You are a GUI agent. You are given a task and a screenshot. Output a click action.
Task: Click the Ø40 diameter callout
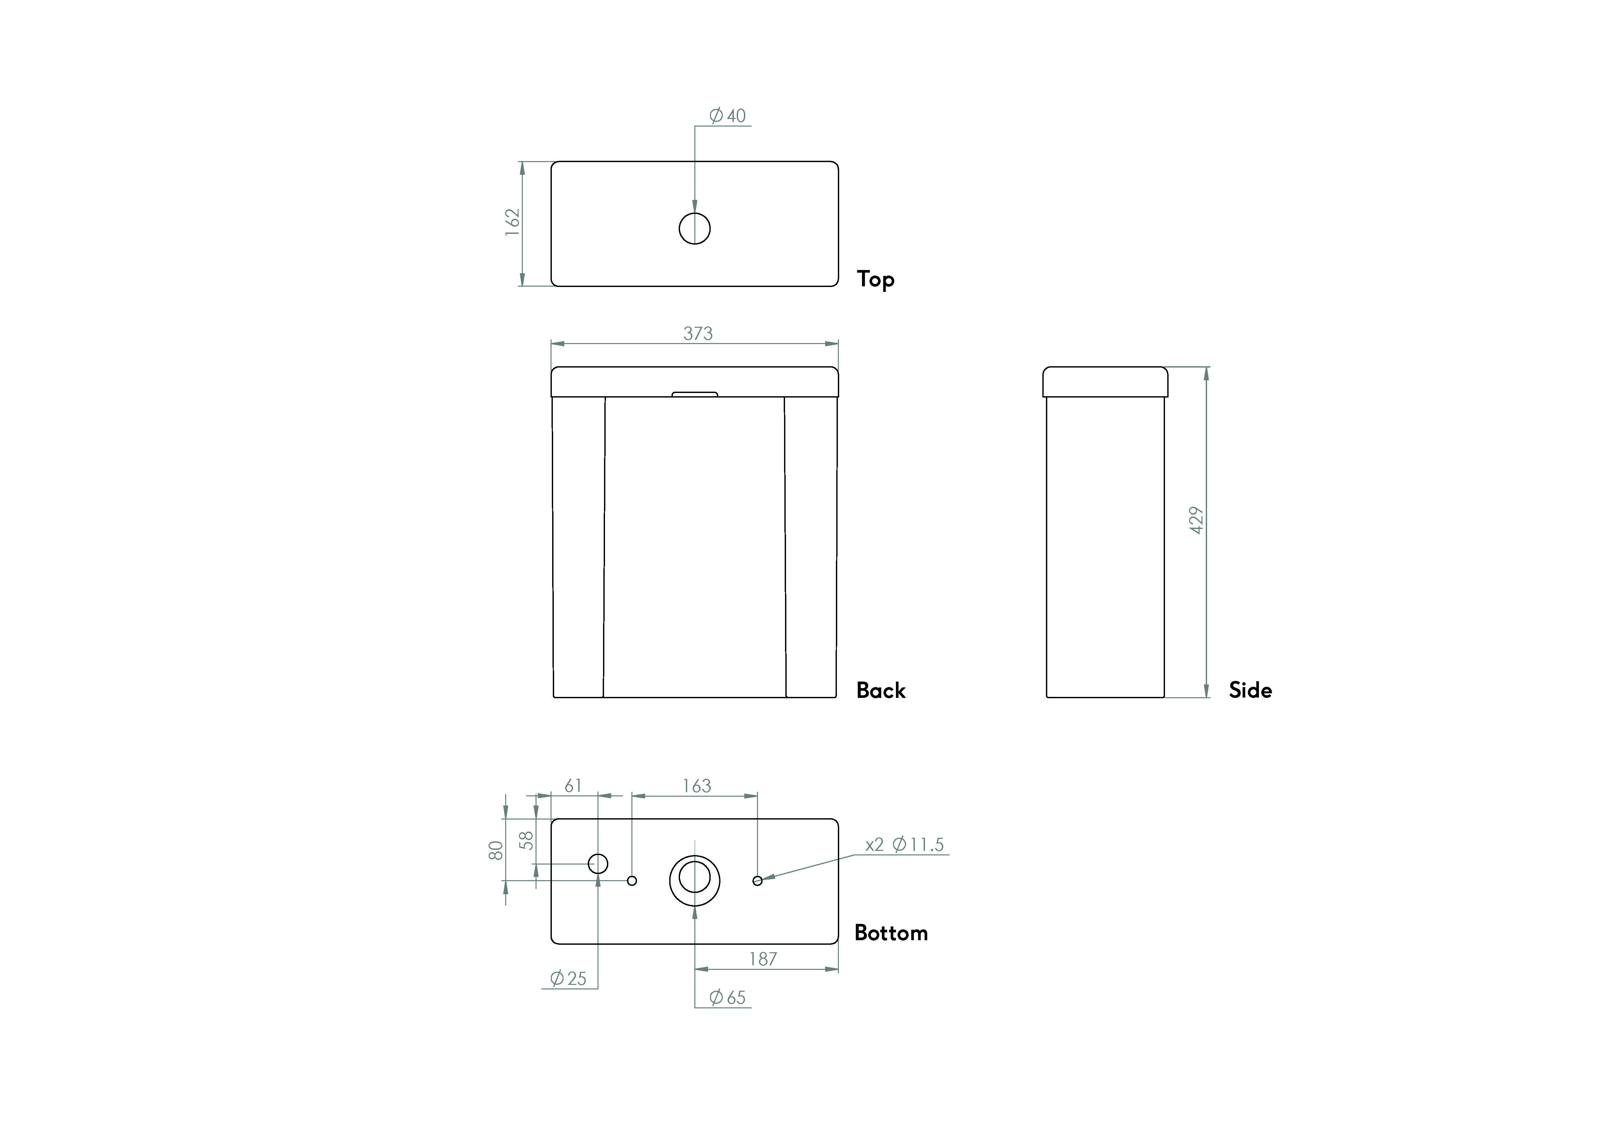(x=727, y=115)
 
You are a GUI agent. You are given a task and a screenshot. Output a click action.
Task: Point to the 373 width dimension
(x=698, y=333)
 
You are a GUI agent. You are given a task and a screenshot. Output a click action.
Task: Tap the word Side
(x=1250, y=690)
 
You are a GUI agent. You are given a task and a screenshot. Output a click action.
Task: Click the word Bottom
(x=891, y=933)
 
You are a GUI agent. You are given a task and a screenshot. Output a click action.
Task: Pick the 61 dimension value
(x=574, y=786)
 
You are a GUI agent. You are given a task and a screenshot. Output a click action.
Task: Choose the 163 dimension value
(x=696, y=786)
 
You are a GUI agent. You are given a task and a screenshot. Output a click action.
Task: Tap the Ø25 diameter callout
(x=568, y=978)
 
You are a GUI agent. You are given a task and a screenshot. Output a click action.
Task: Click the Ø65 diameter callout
(x=727, y=998)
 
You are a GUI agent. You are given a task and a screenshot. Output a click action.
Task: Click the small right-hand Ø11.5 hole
(x=758, y=881)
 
